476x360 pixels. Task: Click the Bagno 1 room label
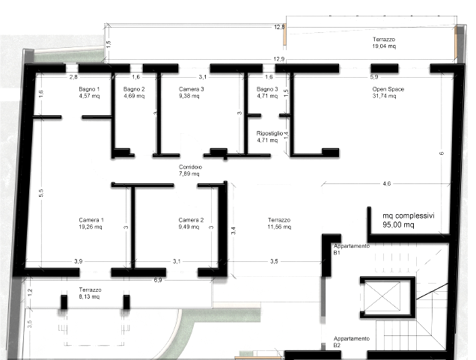(x=89, y=89)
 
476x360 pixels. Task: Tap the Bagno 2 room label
(x=134, y=89)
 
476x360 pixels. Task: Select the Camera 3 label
(x=191, y=89)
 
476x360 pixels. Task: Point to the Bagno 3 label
(x=267, y=89)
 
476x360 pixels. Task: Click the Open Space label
(x=388, y=89)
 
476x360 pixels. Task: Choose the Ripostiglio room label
(x=269, y=133)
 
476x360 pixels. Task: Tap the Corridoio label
(x=190, y=167)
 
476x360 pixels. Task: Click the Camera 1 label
(x=91, y=220)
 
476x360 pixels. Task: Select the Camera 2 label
(x=191, y=220)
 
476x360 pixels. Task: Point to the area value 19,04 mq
(x=384, y=46)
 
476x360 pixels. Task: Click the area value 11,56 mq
(x=279, y=227)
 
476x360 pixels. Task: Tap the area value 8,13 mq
(x=89, y=296)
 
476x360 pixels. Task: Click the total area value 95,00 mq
(x=398, y=225)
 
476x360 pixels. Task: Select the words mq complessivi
(x=409, y=216)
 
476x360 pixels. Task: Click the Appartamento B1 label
(x=352, y=249)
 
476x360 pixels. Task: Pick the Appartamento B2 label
(x=352, y=342)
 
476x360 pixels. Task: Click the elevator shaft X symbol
(x=382, y=296)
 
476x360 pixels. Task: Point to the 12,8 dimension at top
(x=279, y=27)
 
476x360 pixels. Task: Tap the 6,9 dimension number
(x=158, y=280)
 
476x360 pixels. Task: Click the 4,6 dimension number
(x=387, y=183)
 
